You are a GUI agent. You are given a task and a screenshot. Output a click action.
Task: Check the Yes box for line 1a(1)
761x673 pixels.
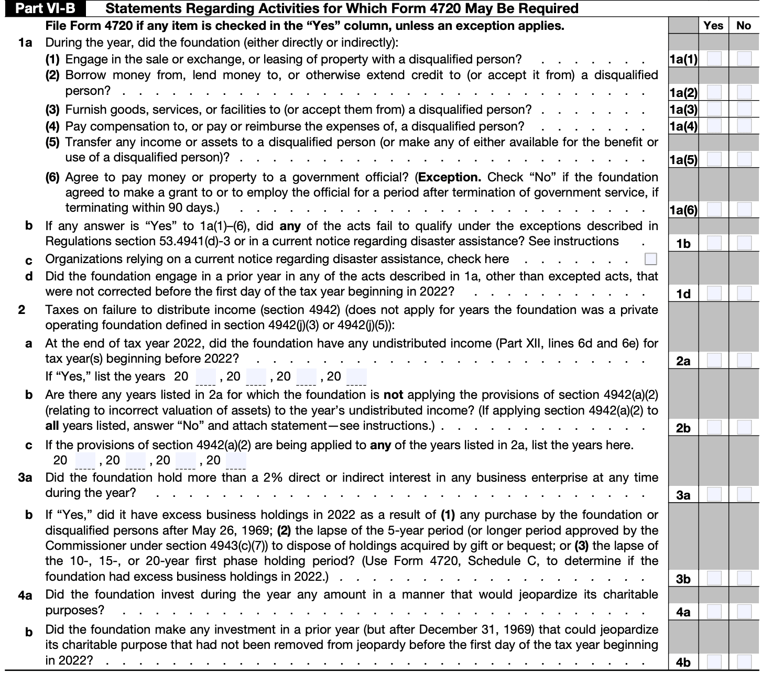point(714,59)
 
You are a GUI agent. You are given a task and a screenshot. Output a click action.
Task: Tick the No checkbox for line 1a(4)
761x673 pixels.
point(744,126)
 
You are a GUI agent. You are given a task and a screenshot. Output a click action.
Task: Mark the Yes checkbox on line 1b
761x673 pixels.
point(714,243)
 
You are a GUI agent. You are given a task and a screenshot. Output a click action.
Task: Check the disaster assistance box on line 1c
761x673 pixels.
point(651,259)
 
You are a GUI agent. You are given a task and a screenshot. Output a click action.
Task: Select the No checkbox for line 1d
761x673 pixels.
point(744,294)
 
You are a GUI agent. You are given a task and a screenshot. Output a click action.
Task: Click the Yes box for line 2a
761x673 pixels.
point(714,361)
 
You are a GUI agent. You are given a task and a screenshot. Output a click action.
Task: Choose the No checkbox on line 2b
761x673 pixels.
point(744,428)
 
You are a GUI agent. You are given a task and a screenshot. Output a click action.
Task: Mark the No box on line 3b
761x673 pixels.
point(744,579)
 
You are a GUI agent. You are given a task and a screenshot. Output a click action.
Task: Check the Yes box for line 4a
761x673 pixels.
point(714,612)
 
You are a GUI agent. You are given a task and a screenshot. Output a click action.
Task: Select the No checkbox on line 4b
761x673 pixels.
point(744,662)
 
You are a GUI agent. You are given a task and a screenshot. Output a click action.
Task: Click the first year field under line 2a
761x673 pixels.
point(205,377)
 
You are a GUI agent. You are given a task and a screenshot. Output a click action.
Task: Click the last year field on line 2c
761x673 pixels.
point(236,461)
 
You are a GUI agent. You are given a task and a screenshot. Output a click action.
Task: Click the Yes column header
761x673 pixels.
point(713,25)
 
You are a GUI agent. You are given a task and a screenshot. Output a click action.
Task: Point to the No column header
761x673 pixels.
point(744,25)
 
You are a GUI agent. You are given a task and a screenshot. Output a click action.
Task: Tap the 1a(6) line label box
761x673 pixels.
point(683,211)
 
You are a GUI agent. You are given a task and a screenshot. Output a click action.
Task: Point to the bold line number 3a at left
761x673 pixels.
point(25,477)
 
